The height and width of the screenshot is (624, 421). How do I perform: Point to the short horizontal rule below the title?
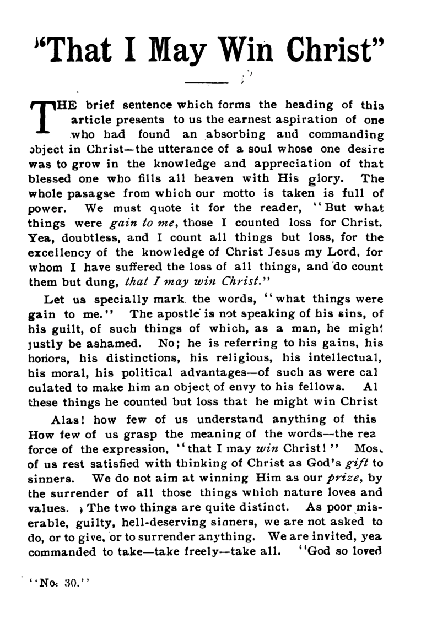click(207, 83)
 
